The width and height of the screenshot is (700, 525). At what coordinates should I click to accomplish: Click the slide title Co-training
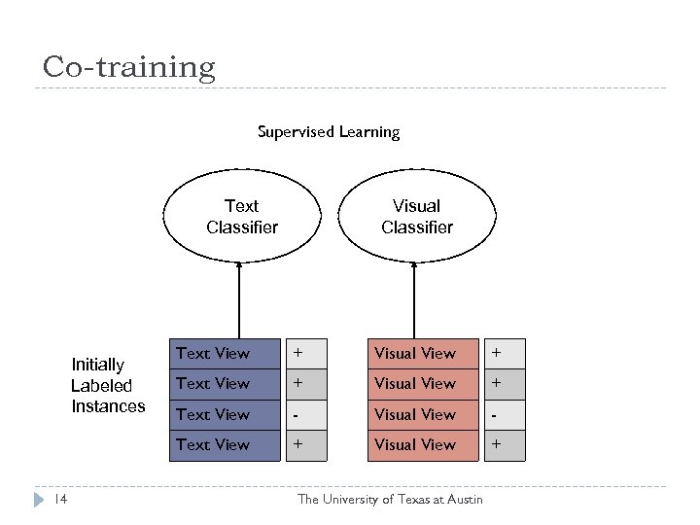pyautogui.click(x=128, y=67)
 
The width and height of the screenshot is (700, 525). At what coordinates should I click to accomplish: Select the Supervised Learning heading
pyautogui.click(x=329, y=131)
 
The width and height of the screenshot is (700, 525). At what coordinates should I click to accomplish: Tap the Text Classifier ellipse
pyautogui.click(x=242, y=217)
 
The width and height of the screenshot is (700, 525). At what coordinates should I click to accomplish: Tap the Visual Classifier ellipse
pyautogui.click(x=416, y=217)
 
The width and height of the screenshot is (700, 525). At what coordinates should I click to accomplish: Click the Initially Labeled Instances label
pyautogui.click(x=107, y=385)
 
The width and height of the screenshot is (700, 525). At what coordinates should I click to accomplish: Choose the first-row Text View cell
pyautogui.click(x=225, y=353)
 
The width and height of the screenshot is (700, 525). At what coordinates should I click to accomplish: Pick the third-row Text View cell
pyautogui.click(x=225, y=414)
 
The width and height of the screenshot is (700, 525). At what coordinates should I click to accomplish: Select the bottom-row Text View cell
pyautogui.click(x=225, y=444)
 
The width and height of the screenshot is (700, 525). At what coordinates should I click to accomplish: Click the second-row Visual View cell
pyautogui.click(x=424, y=383)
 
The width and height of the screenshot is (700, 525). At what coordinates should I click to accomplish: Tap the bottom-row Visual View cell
pyautogui.click(x=424, y=444)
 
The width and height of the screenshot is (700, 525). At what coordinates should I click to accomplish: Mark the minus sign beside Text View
pyautogui.click(x=297, y=414)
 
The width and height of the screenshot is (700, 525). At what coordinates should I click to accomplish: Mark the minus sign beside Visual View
pyautogui.click(x=498, y=414)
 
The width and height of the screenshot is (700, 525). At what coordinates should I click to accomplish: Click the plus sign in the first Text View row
pyautogui.click(x=298, y=353)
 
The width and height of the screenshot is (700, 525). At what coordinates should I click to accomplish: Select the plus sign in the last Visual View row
pyautogui.click(x=498, y=444)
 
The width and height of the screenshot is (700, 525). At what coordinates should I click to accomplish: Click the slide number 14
pyautogui.click(x=59, y=499)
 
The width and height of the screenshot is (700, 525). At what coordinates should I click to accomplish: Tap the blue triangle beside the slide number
pyautogui.click(x=38, y=499)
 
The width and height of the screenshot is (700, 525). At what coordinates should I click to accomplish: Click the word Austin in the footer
pyautogui.click(x=463, y=500)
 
